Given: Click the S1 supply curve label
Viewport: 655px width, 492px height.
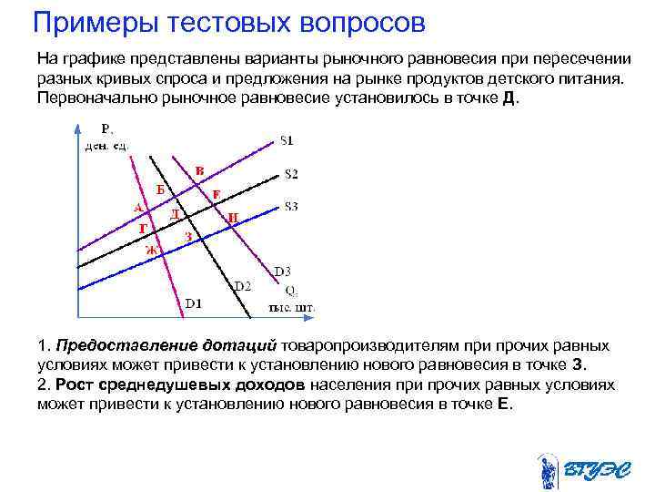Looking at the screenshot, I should pyautogui.click(x=287, y=141).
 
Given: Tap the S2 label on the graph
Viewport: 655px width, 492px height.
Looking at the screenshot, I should pyautogui.click(x=291, y=173).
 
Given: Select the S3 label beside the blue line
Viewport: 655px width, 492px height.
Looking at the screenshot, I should pyautogui.click(x=291, y=207).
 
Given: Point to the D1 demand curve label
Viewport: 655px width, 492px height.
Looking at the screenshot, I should pyautogui.click(x=194, y=302).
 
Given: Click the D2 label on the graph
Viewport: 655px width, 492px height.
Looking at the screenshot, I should pyautogui.click(x=243, y=286).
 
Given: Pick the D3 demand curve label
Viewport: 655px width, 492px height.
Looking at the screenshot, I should pyautogui.click(x=282, y=271).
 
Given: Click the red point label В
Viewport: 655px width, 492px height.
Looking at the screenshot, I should pyautogui.click(x=199, y=169).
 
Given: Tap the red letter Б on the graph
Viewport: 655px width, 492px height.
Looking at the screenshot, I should pyautogui.click(x=160, y=190).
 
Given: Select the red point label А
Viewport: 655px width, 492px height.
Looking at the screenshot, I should pyautogui.click(x=137, y=206).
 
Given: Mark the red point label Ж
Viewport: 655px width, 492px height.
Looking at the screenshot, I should pyautogui.click(x=152, y=248).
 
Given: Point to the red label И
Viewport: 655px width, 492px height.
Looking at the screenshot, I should pyautogui.click(x=234, y=218).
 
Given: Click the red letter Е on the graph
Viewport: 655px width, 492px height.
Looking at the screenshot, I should pyautogui.click(x=217, y=193).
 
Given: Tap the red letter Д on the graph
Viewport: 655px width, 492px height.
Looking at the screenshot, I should pyautogui.click(x=175, y=212).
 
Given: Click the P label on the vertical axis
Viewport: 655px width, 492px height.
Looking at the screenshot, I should pyautogui.click(x=106, y=128).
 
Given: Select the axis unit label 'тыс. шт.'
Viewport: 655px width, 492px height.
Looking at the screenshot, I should pyautogui.click(x=291, y=307).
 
